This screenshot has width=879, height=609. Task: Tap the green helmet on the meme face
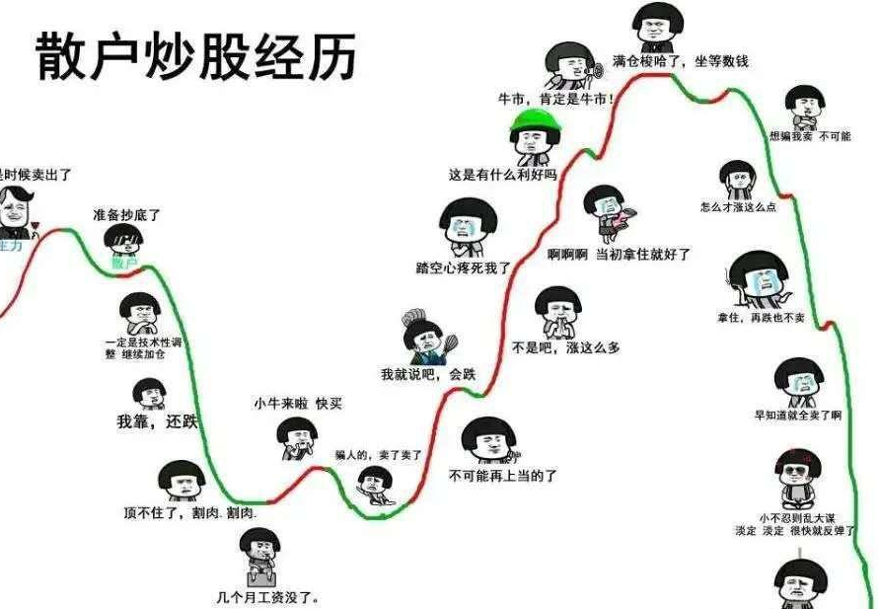(534, 123)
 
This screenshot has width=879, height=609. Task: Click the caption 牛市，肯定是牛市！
(556, 99)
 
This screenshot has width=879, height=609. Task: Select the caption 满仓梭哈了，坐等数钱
(680, 61)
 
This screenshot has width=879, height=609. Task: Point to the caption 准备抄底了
(126, 214)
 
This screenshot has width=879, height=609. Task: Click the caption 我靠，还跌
(157, 421)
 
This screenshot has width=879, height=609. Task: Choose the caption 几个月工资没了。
(267, 596)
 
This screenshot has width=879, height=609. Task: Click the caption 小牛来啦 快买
(297, 404)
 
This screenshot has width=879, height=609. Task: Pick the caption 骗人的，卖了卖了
(378, 455)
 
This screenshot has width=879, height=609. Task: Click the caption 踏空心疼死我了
(464, 266)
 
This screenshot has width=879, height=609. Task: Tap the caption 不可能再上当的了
(503, 476)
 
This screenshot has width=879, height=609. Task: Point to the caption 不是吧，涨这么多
(565, 347)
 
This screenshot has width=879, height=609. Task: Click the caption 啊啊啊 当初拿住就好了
(619, 254)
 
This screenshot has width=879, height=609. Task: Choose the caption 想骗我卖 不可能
(809, 136)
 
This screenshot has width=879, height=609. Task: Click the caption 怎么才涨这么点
(738, 207)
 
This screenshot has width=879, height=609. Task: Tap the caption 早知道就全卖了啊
(797, 416)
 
